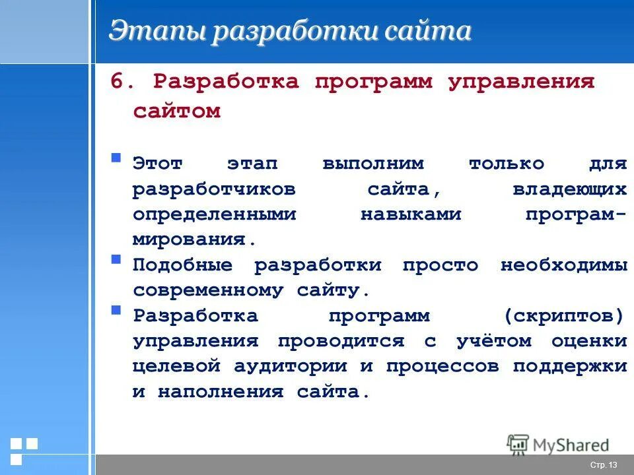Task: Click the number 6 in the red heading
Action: pyautogui.click(x=117, y=82)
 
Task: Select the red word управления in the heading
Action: pyautogui.click(x=522, y=82)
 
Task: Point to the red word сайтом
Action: pyautogui.click(x=176, y=111)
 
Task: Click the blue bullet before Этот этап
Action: pyautogui.click(x=116, y=158)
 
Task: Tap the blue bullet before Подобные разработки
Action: pyautogui.click(x=116, y=259)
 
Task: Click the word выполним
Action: pyautogui.click(x=374, y=164)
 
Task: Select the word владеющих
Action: pyautogui.click(x=569, y=189)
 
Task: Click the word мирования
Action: pyautogui.click(x=194, y=239)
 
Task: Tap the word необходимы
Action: pyautogui.click(x=563, y=265)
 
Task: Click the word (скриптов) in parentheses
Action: pyautogui.click(x=563, y=315)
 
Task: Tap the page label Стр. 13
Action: pyautogui.click(x=603, y=465)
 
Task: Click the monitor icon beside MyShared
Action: pyautogui.click(x=518, y=444)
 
